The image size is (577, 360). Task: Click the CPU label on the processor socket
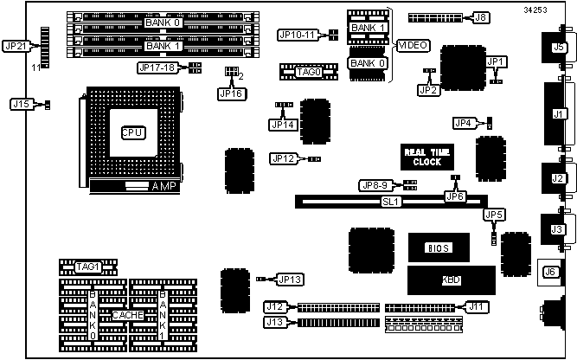(x=132, y=132)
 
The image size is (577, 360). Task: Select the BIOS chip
(x=439, y=247)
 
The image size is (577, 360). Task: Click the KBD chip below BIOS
(x=451, y=280)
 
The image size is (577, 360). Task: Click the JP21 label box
(x=16, y=46)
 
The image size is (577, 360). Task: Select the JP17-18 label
(x=157, y=67)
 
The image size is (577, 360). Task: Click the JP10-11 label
(x=297, y=35)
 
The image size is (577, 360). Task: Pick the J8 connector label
(x=481, y=16)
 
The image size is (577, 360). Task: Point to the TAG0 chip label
(x=308, y=72)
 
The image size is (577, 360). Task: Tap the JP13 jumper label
(x=290, y=279)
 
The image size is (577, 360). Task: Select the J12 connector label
(x=275, y=306)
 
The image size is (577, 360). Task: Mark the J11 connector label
(x=475, y=305)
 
